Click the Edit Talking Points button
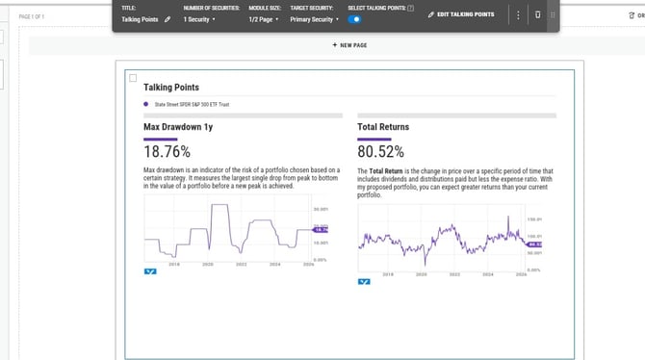(467, 15)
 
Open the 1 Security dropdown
(200, 18)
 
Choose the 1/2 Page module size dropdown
(263, 18)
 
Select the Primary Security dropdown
(315, 18)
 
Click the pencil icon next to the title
(168, 18)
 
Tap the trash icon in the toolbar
(537, 15)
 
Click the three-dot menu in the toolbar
(519, 15)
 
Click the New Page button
(349, 45)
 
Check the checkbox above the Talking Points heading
(133, 78)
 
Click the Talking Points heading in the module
(170, 88)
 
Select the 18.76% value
(167, 151)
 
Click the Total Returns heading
(382, 126)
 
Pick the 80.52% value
(380, 151)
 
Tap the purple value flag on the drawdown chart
(322, 230)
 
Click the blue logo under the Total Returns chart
(364, 282)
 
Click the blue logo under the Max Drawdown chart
(149, 272)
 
